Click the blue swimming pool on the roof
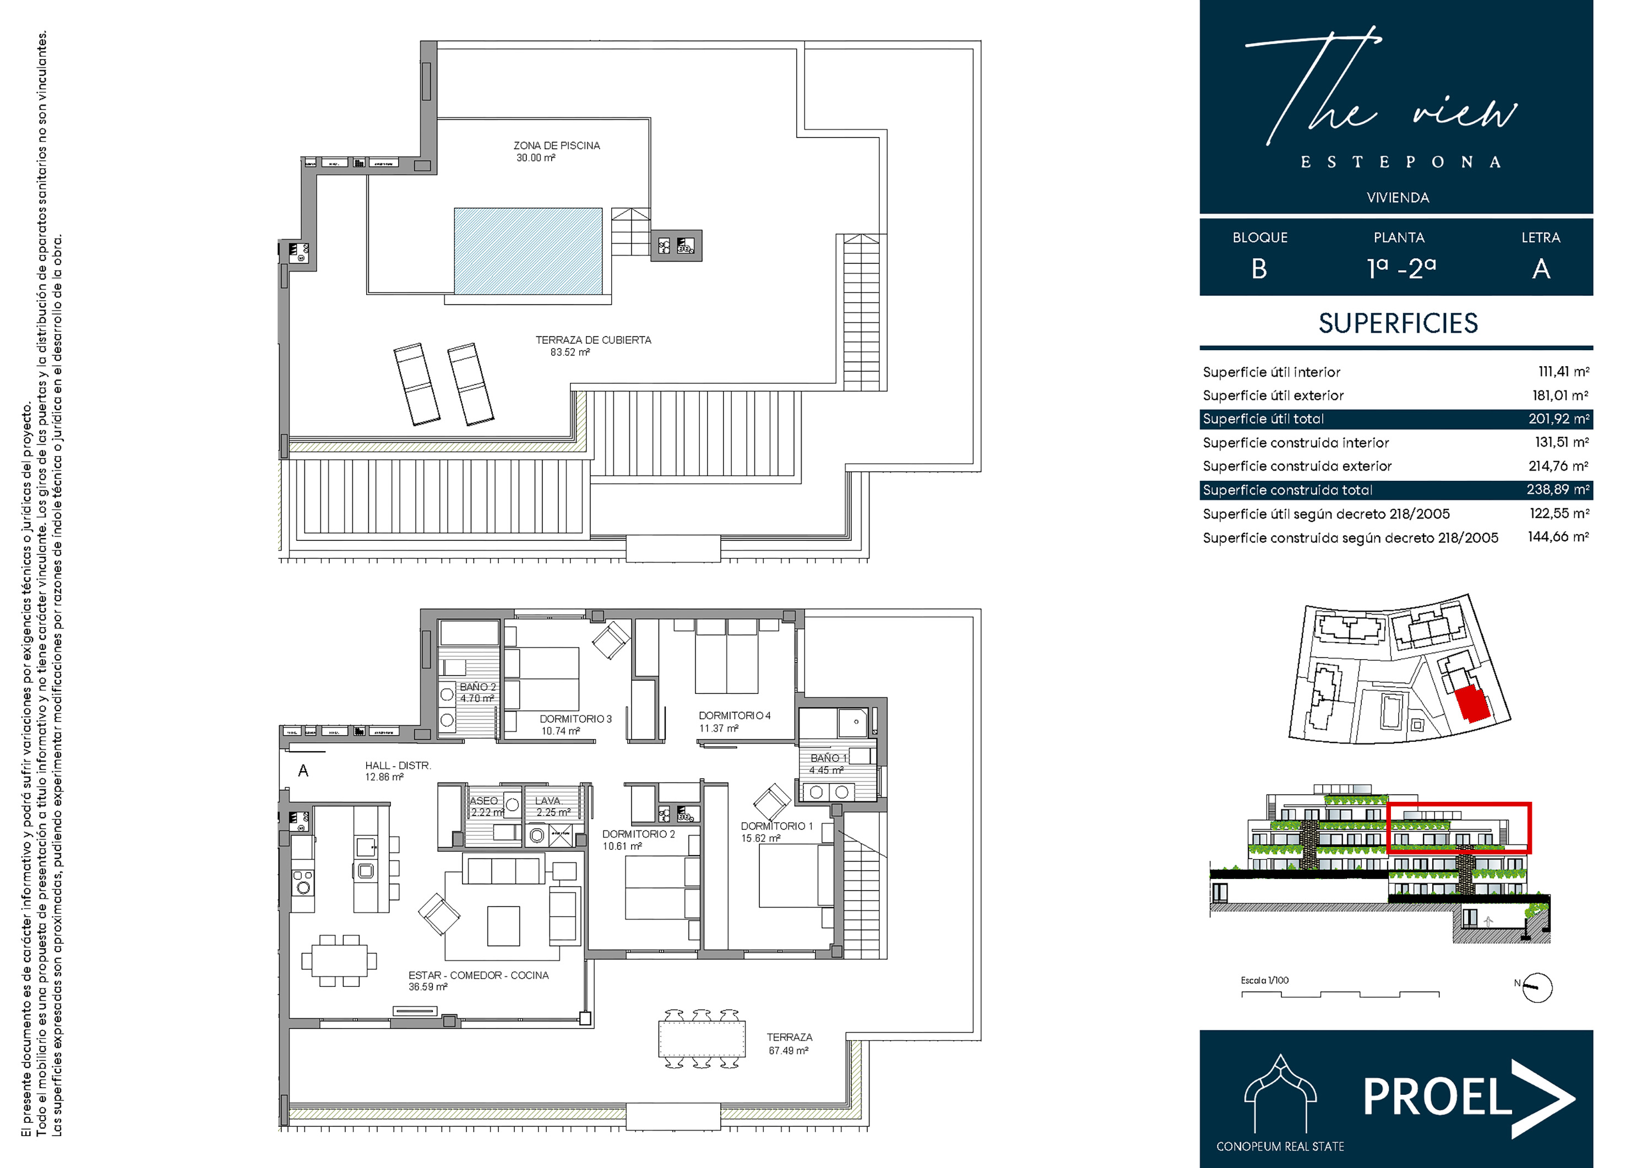click(528, 251)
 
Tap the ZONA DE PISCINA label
click(556, 145)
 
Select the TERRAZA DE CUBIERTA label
click(593, 340)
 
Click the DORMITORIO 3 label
click(575, 719)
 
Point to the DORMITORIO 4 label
click(735, 715)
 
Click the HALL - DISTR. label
click(398, 765)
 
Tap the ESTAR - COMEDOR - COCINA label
click(479, 975)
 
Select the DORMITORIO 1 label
click(777, 825)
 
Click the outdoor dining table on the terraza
click(702, 1039)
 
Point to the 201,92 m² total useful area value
click(1558, 419)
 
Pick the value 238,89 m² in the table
click(1558, 490)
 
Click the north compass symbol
click(1537, 988)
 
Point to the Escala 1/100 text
click(1264, 980)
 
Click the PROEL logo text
click(1438, 1098)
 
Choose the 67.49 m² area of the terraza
click(789, 1051)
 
